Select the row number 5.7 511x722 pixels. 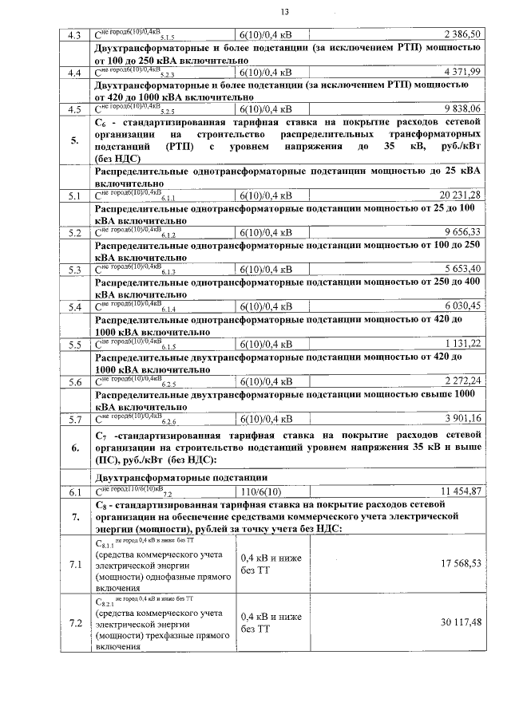76,418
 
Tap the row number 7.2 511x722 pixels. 76,623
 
